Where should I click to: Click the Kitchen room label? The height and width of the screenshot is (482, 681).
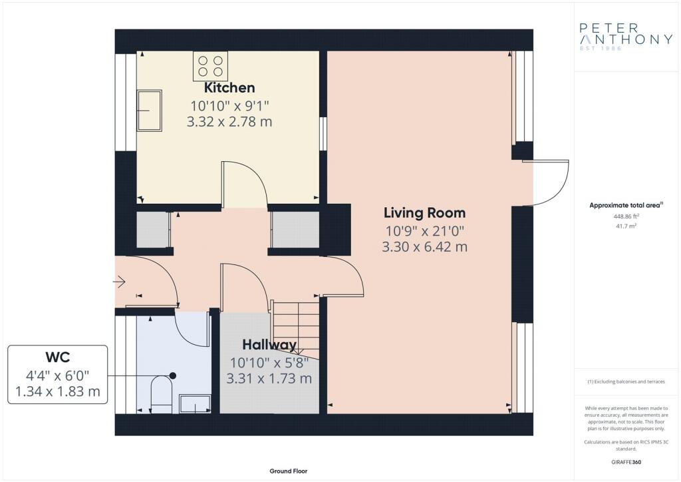229,87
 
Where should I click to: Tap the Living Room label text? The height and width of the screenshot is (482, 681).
424,213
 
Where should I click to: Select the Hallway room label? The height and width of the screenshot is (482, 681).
269,345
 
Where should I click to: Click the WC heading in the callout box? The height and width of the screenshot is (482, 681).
58,358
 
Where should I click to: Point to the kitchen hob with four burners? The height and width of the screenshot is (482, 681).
211,66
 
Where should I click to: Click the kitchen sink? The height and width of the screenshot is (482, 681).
150,111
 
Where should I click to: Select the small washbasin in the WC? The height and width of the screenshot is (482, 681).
196,403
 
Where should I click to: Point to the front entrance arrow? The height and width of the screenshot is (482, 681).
120,282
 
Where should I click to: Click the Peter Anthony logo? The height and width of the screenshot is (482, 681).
626,37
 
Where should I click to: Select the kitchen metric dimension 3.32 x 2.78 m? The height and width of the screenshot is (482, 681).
229,122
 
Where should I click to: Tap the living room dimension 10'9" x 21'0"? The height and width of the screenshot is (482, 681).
425,230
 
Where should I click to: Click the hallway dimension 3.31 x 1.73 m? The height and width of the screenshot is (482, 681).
269,379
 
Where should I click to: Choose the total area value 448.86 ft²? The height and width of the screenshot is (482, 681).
626,216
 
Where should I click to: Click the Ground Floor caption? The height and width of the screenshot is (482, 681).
289,471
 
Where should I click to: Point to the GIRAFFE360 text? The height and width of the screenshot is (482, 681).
626,462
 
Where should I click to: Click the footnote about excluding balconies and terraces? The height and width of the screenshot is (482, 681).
626,381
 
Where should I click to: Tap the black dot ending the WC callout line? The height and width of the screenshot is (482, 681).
173,375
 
